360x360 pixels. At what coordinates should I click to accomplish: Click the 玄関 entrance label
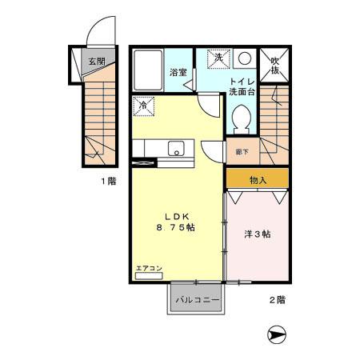[97, 60]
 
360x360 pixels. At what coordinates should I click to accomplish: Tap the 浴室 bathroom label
[178, 73]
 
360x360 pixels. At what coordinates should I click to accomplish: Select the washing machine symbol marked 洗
[218, 58]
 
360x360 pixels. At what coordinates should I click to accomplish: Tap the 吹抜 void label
[274, 65]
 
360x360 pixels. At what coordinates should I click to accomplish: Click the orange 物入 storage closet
[258, 180]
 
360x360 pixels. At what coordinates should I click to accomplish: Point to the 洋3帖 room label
[257, 234]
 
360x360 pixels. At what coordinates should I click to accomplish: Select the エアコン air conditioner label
[148, 267]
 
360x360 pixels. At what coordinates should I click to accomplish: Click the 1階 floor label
[108, 182]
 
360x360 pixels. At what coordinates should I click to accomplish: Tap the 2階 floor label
[276, 300]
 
